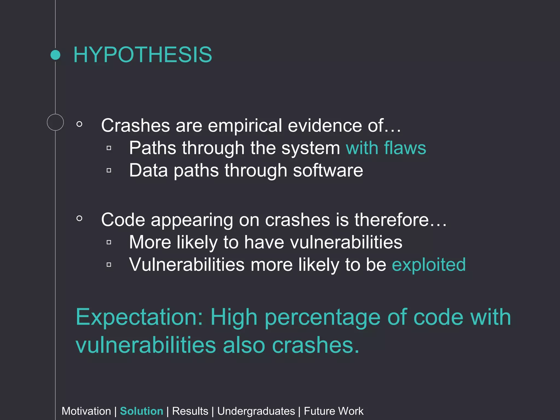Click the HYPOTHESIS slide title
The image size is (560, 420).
[x=143, y=55]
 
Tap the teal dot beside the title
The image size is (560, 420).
[x=56, y=55]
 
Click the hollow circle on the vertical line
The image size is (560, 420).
[x=55, y=122]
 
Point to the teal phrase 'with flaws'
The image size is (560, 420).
[x=386, y=148]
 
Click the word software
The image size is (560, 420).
[x=328, y=170]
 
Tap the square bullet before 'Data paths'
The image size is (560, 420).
[x=109, y=170]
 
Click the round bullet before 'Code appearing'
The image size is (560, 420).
[x=79, y=218]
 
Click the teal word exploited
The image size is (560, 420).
[x=428, y=264]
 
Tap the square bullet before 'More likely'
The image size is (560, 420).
[x=109, y=242]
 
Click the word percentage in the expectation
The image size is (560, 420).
[x=323, y=317]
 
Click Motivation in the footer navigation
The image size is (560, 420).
[x=86, y=411]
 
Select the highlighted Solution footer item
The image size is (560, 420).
[x=141, y=411]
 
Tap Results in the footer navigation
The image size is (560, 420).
[x=190, y=411]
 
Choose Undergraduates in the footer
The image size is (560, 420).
[x=256, y=411]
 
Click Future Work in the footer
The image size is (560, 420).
[x=334, y=411]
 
